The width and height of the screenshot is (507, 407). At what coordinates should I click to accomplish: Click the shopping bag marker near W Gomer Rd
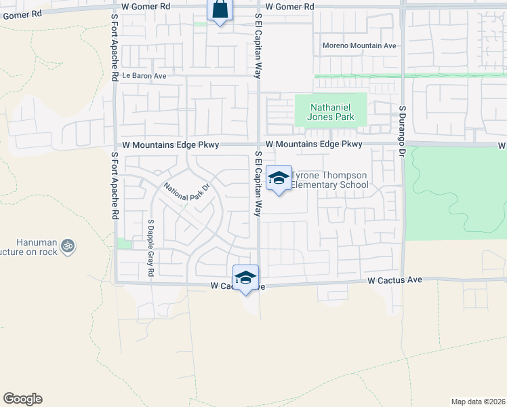220,11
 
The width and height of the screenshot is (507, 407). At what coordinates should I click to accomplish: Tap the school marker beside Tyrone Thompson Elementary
278,178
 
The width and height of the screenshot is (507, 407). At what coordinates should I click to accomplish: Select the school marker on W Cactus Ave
245,277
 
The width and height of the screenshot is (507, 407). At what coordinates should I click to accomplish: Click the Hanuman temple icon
67,246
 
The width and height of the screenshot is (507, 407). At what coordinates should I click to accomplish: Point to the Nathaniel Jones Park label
331,112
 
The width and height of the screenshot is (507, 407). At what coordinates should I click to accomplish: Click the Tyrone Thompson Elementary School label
329,180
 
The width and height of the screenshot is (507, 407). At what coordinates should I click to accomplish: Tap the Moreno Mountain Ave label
359,46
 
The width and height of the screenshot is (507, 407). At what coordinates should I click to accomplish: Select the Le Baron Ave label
144,76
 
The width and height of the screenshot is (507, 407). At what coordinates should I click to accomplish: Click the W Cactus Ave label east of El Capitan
394,279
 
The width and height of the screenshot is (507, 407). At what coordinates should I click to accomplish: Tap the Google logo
22,399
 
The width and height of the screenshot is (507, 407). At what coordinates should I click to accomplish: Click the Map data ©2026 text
478,402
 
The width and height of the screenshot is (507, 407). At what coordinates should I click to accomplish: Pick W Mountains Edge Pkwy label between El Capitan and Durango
314,144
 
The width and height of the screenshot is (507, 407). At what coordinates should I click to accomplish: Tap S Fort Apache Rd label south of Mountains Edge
114,185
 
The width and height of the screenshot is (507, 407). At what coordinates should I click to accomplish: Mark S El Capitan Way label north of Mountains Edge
258,46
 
